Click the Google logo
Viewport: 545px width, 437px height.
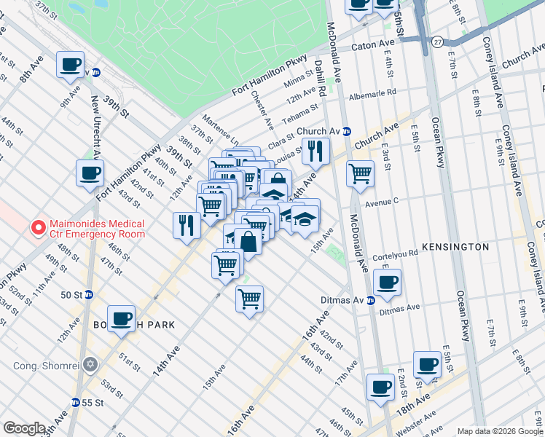(x=24, y=428)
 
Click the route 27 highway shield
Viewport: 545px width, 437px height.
(x=436, y=42)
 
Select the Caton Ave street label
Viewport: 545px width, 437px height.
(x=373, y=45)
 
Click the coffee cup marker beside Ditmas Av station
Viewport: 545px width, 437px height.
(x=387, y=283)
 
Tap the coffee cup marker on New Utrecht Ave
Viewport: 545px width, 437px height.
(x=90, y=173)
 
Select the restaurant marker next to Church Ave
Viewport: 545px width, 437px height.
(x=315, y=151)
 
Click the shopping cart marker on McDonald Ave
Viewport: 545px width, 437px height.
(x=360, y=173)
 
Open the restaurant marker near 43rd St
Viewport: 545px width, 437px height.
(x=187, y=224)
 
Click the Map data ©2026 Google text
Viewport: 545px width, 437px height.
(x=499, y=431)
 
